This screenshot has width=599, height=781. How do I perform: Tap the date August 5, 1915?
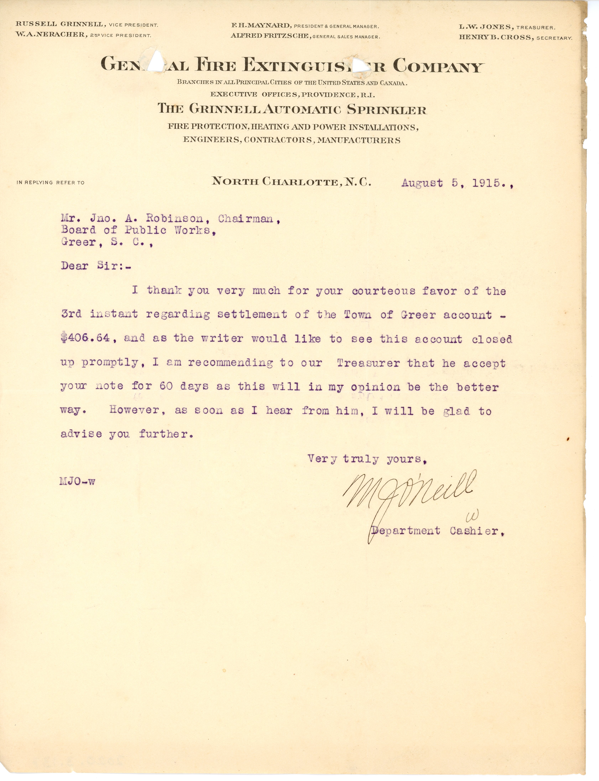[456, 183]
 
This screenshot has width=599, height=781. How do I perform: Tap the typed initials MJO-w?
[77, 482]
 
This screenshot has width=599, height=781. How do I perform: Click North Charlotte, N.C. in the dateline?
[291, 182]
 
